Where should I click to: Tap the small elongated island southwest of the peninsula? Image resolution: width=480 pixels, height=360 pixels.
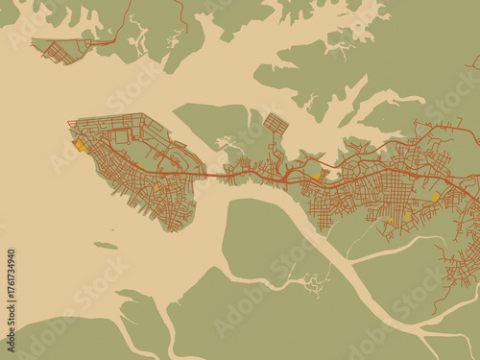[106, 246]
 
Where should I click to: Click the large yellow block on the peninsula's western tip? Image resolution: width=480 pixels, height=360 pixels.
[78, 147]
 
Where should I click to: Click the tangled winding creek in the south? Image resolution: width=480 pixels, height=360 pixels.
[309, 282]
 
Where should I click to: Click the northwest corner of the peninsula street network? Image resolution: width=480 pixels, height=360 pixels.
[71, 122]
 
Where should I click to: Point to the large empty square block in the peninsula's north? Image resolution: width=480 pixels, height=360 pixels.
[121, 137]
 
